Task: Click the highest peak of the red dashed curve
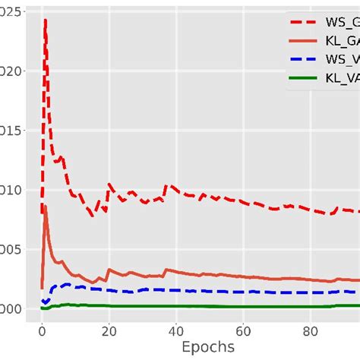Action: [x=46, y=21]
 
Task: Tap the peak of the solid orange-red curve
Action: [x=46, y=206]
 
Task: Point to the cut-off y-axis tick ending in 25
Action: [x=7, y=11]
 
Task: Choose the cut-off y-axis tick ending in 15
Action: [x=7, y=130]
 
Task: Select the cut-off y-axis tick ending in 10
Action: [x=7, y=190]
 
